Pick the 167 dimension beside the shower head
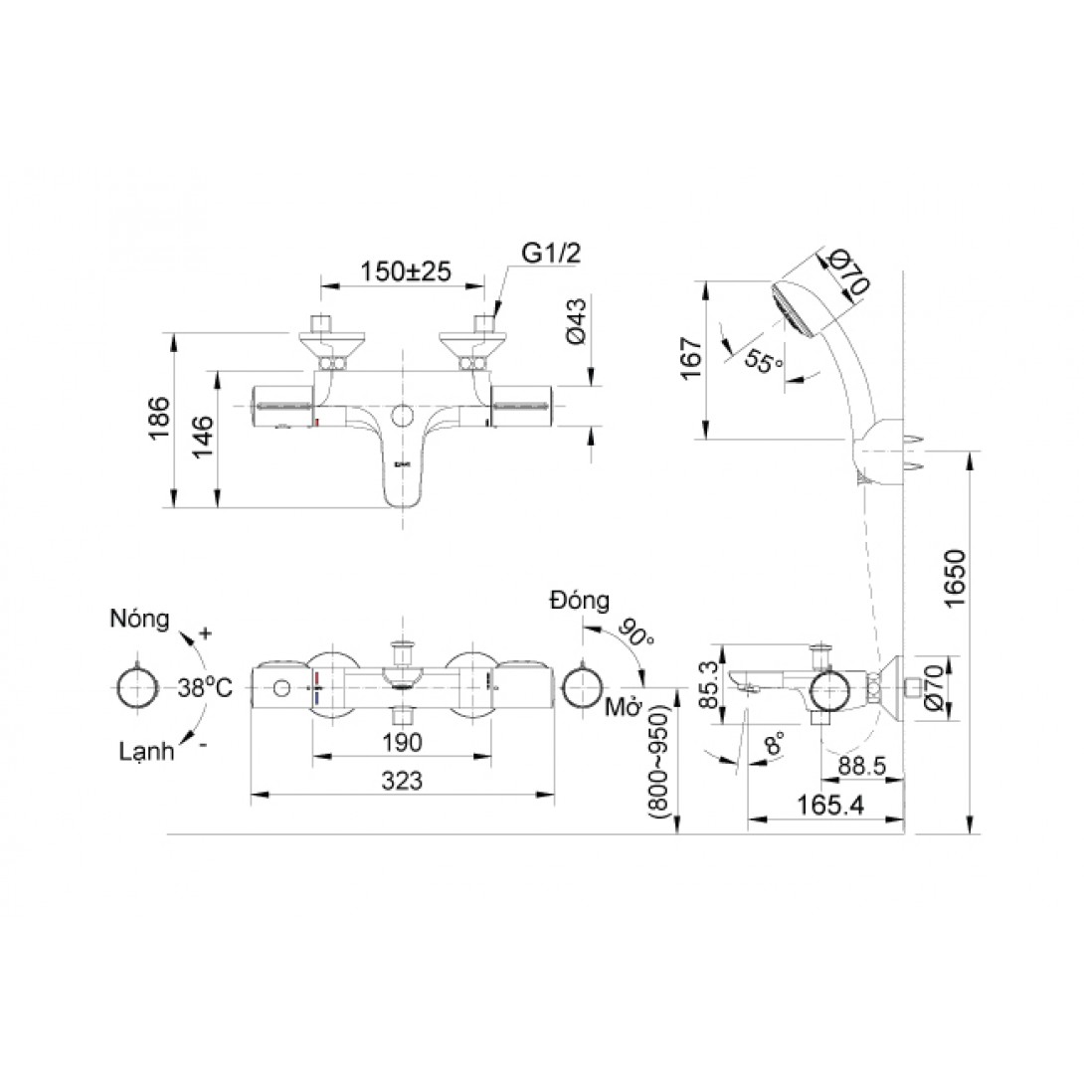(x=691, y=358)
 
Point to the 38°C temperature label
(x=206, y=687)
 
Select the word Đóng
(x=579, y=601)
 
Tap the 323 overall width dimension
(x=403, y=781)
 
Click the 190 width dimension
(x=402, y=742)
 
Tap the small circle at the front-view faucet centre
(x=403, y=415)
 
